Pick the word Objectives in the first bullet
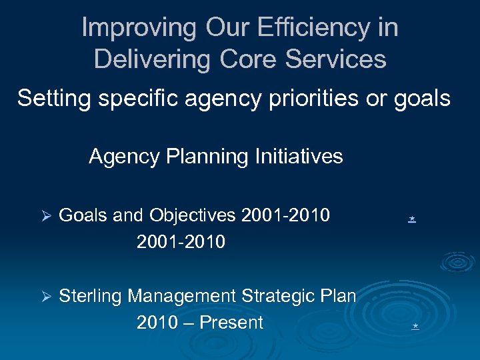(x=193, y=216)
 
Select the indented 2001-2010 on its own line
(x=181, y=241)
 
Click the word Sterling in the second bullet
(x=91, y=296)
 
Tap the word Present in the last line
(x=231, y=323)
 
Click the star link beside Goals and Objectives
(x=413, y=218)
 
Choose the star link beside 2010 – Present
(x=415, y=326)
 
